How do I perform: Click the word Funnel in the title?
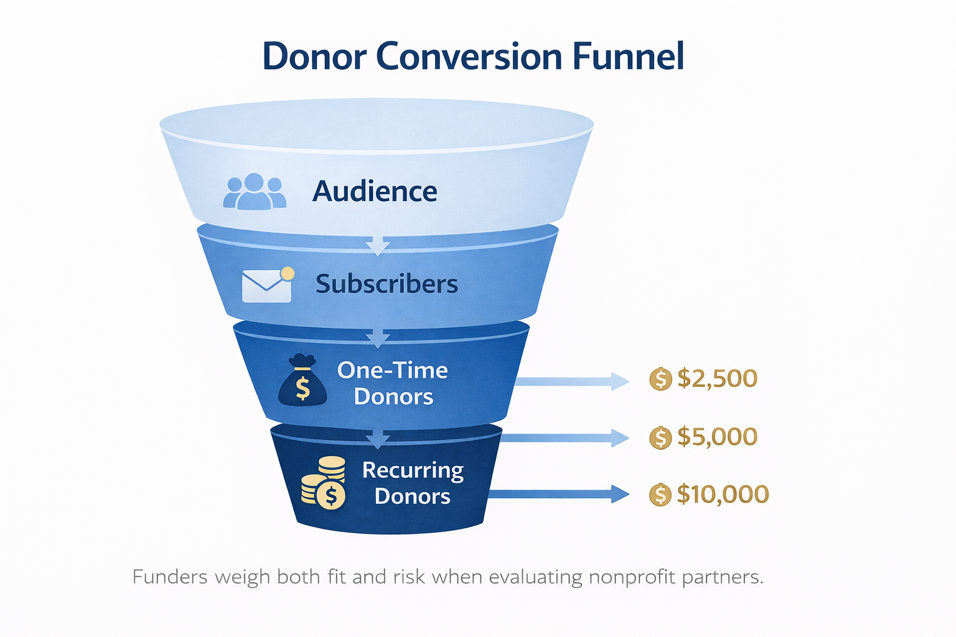tap(628, 57)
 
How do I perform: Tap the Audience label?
tap(375, 191)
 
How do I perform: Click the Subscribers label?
tap(387, 284)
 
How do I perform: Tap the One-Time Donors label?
tap(393, 383)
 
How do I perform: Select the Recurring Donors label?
tap(413, 483)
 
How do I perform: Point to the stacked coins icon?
tap(324, 483)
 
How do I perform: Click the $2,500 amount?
tap(717, 378)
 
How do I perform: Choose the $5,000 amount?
tap(717, 437)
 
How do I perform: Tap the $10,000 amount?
tap(723, 495)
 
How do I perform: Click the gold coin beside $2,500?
tap(660, 379)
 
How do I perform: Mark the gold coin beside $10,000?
tap(660, 495)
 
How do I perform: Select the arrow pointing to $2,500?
tap(573, 381)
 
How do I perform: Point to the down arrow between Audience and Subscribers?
tap(377, 245)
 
